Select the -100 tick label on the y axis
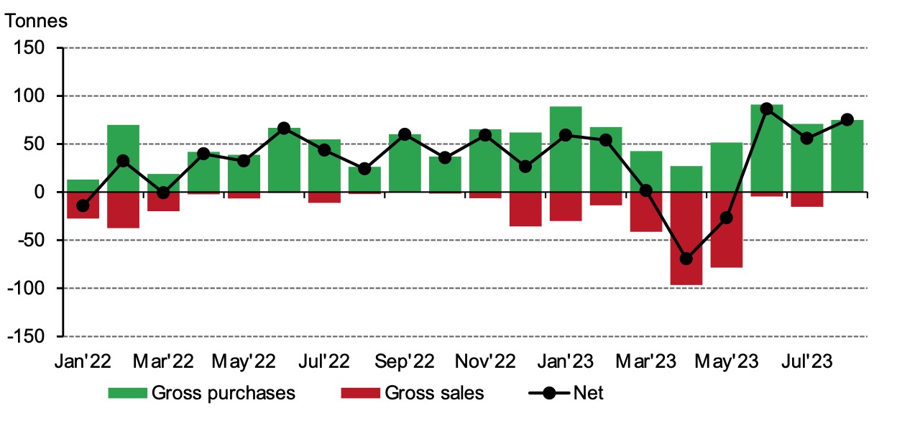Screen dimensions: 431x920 (x=27, y=288)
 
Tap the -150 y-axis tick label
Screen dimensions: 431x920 (x=27, y=336)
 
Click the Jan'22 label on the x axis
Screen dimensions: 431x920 (x=83, y=361)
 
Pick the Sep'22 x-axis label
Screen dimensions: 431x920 (x=404, y=361)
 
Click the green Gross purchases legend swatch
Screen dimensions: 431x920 (x=128, y=393)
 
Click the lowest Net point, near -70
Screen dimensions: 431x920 (x=686, y=259)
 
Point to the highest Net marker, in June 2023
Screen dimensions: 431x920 (x=766, y=109)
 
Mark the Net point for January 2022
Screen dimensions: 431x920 (x=83, y=205)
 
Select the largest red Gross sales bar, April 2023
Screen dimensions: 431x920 (x=686, y=238)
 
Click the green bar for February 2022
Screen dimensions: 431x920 (x=124, y=158)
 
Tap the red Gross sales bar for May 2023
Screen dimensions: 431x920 (x=726, y=230)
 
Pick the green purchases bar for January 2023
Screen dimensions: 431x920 (x=565, y=149)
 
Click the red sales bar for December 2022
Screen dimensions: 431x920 (x=525, y=209)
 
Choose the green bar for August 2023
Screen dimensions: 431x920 (x=847, y=156)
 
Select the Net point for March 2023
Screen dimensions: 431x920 (x=645, y=190)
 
